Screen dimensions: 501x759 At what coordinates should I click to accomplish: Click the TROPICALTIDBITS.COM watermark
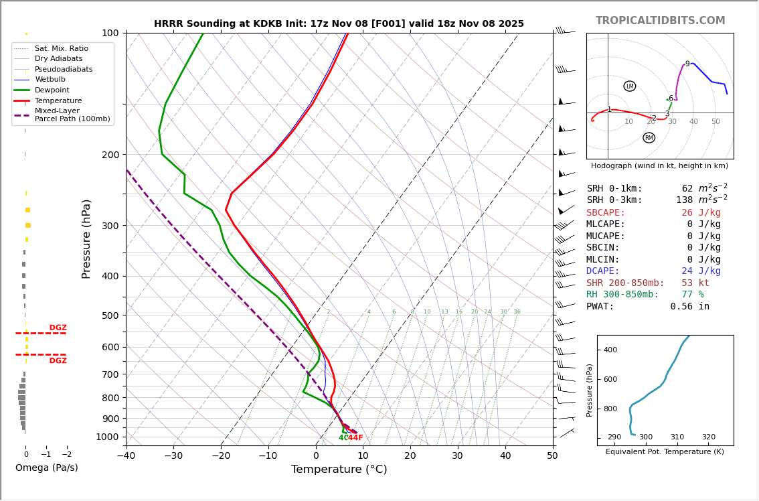(660, 21)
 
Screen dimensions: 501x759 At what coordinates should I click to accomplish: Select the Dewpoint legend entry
(52, 90)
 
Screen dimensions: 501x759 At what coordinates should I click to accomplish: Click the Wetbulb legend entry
(50, 80)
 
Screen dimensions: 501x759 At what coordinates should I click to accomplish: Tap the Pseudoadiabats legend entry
(64, 70)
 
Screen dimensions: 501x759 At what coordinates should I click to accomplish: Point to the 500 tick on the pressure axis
(110, 315)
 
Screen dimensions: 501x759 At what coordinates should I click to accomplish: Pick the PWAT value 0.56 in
(689, 307)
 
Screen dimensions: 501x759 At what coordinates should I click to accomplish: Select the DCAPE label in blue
(606, 271)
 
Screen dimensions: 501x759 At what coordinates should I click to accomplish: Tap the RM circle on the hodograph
(649, 138)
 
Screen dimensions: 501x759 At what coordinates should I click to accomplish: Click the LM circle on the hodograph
(630, 86)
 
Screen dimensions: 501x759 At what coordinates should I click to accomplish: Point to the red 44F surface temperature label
(355, 438)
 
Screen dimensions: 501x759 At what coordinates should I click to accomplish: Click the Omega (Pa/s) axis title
(46, 468)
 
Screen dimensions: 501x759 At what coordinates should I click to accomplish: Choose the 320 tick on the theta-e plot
(708, 437)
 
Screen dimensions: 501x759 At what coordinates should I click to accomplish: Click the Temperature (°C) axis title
(339, 470)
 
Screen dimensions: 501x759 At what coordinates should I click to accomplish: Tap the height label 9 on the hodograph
(687, 64)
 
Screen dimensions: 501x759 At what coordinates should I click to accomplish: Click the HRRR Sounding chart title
(339, 24)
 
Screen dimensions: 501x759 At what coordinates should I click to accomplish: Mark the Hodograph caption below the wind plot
(659, 166)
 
